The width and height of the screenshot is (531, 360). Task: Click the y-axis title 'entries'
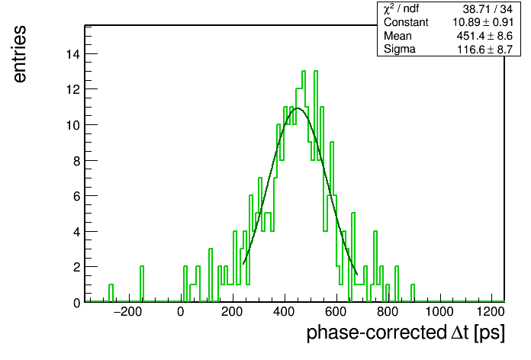tap(20, 54)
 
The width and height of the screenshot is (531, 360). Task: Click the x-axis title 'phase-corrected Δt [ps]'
tap(406, 333)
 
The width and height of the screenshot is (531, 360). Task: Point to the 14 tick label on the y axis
tap(73, 54)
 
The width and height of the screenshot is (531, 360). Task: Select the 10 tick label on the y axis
tap(73, 125)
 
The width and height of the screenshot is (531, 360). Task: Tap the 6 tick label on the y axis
tap(77, 197)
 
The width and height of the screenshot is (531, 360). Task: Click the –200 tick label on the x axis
tap(127, 312)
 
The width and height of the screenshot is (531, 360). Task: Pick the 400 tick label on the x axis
tap(284, 312)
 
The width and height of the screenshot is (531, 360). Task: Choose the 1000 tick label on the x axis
tap(439, 312)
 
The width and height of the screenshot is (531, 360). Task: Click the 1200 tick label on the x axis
tap(491, 312)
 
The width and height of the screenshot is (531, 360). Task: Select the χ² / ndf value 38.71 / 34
tap(488, 9)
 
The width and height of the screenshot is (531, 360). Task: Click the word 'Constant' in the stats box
tap(406, 22)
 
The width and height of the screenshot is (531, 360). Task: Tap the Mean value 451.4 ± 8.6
tap(484, 36)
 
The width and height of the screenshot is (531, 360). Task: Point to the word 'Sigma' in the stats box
tap(399, 50)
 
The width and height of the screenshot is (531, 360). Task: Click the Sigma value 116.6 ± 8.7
tap(484, 50)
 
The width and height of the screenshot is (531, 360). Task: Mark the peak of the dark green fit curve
tap(298, 108)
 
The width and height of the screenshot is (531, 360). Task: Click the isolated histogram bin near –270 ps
tap(111, 293)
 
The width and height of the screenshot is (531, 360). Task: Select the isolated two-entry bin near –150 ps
tap(142, 284)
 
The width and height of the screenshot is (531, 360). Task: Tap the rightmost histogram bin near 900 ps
tap(413, 293)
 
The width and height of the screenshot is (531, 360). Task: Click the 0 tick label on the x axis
tap(181, 312)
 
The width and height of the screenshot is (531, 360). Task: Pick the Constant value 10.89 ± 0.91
tap(483, 22)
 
